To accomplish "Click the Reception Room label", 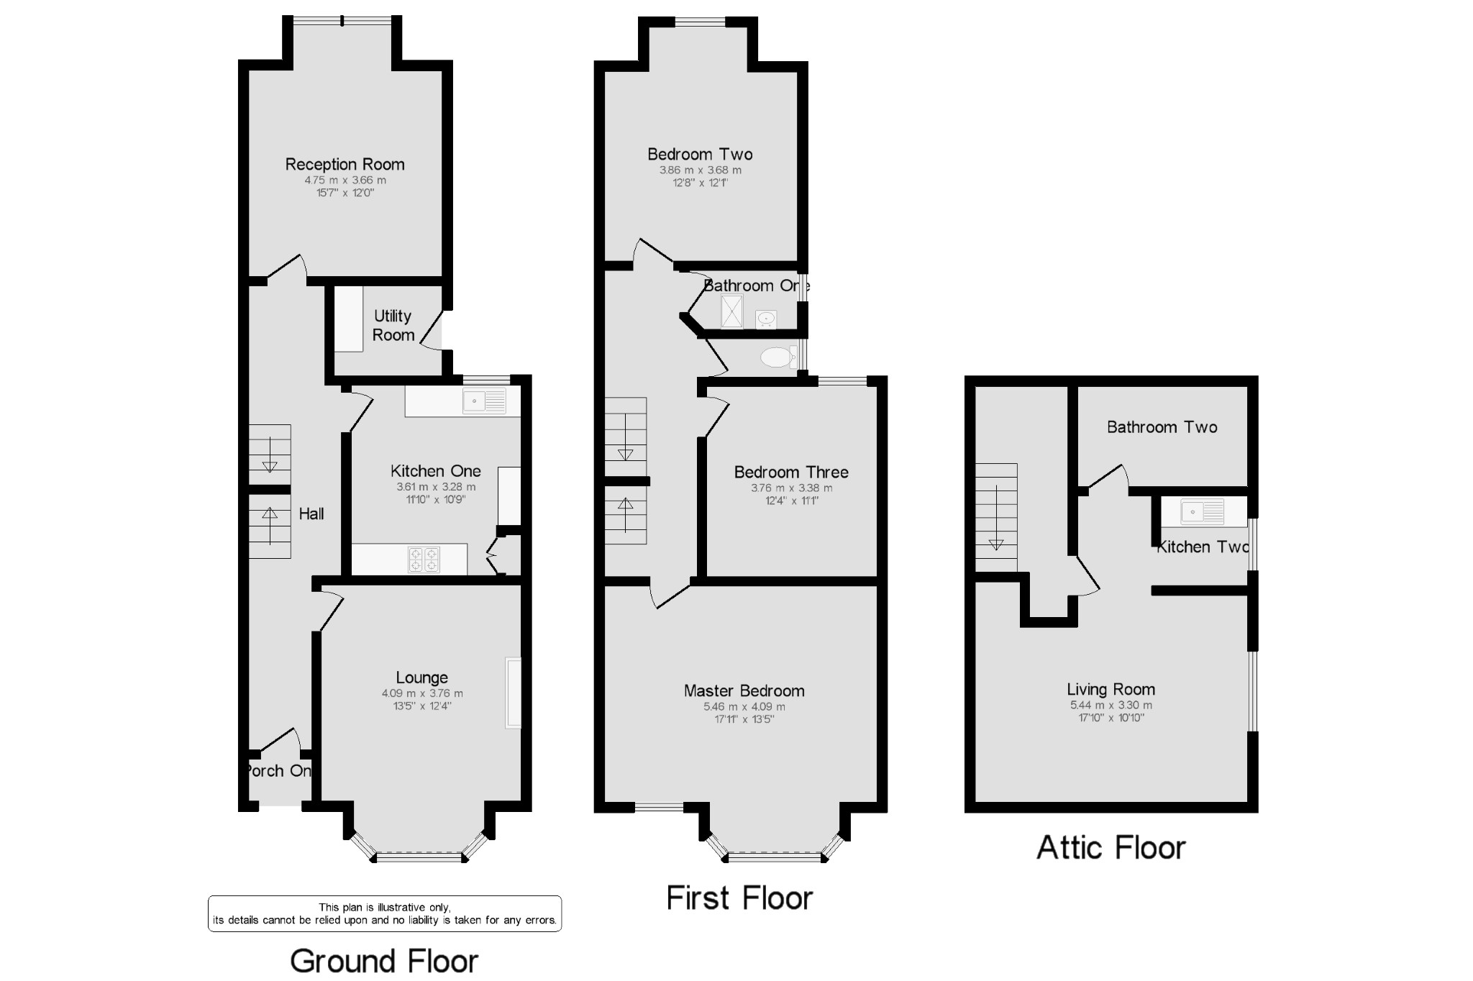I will click(x=345, y=164).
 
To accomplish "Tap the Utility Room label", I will click(x=393, y=325).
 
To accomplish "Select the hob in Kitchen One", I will click(x=424, y=560).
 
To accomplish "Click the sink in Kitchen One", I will click(x=484, y=401).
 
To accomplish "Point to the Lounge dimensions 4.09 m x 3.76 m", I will click(x=422, y=693).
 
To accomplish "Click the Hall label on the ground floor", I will click(x=311, y=514).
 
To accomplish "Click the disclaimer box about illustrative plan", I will click(x=384, y=913).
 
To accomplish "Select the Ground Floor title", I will click(x=384, y=961).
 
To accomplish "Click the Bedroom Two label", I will click(x=700, y=154).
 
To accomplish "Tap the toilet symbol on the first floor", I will click(x=777, y=357).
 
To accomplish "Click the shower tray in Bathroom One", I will click(x=731, y=311).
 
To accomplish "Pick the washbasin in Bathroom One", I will click(x=766, y=318).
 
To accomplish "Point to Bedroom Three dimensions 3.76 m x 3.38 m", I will click(x=791, y=488).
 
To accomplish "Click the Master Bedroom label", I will click(x=744, y=690).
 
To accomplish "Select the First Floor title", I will click(x=739, y=898).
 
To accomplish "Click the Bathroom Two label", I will click(x=1162, y=427).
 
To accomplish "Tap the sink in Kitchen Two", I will click(x=1203, y=512).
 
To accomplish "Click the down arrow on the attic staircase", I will click(x=996, y=544).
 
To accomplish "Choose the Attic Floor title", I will click(x=1111, y=847).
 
